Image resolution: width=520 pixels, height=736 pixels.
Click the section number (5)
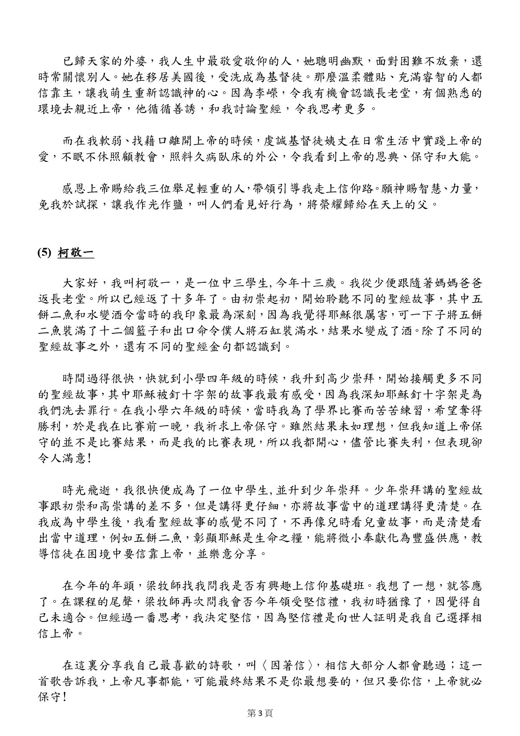44,253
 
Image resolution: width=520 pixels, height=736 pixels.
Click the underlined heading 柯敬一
75,253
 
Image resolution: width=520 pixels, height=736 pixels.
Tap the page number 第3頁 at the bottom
260,713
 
